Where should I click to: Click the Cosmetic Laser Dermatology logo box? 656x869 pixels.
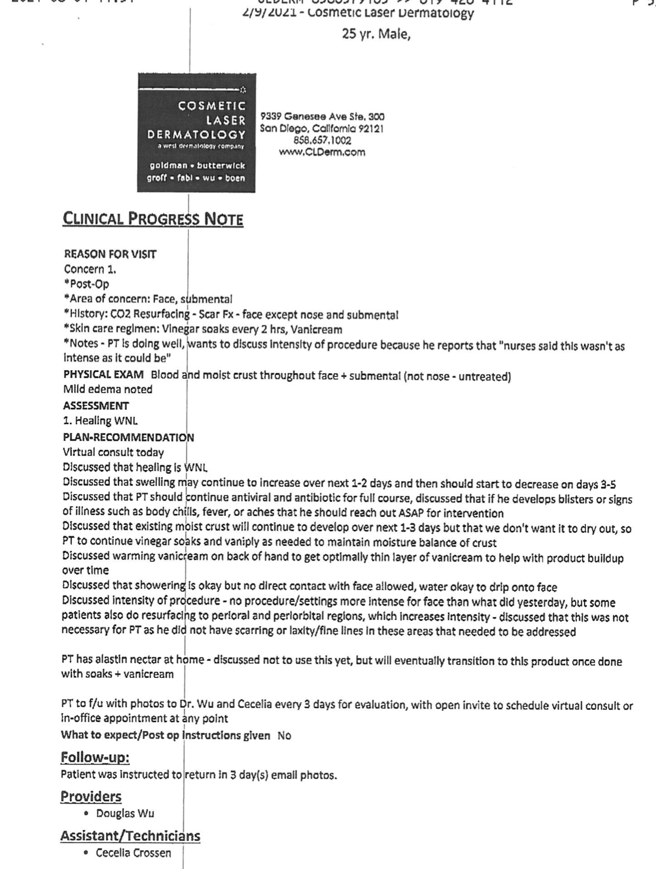[x=196, y=133]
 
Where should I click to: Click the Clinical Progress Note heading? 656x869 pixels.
[x=153, y=219]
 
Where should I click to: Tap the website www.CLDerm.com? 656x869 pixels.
[x=322, y=152]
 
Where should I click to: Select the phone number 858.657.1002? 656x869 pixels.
[x=322, y=140]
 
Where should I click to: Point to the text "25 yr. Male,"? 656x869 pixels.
[x=376, y=34]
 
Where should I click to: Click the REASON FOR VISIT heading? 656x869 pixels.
[x=110, y=254]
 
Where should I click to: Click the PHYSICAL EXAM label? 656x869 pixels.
[x=103, y=376]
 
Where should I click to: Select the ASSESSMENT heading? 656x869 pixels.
[x=96, y=406]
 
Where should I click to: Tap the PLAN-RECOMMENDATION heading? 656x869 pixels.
[x=128, y=437]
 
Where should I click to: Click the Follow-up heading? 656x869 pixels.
[x=95, y=757]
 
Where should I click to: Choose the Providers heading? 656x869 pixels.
[x=91, y=796]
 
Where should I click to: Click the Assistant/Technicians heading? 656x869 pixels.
[x=130, y=835]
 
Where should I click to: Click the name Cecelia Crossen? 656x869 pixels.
[x=133, y=852]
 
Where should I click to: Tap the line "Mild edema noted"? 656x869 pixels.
[x=107, y=390]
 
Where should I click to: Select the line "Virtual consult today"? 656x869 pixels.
[x=113, y=453]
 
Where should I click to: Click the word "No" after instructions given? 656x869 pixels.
[x=284, y=736]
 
